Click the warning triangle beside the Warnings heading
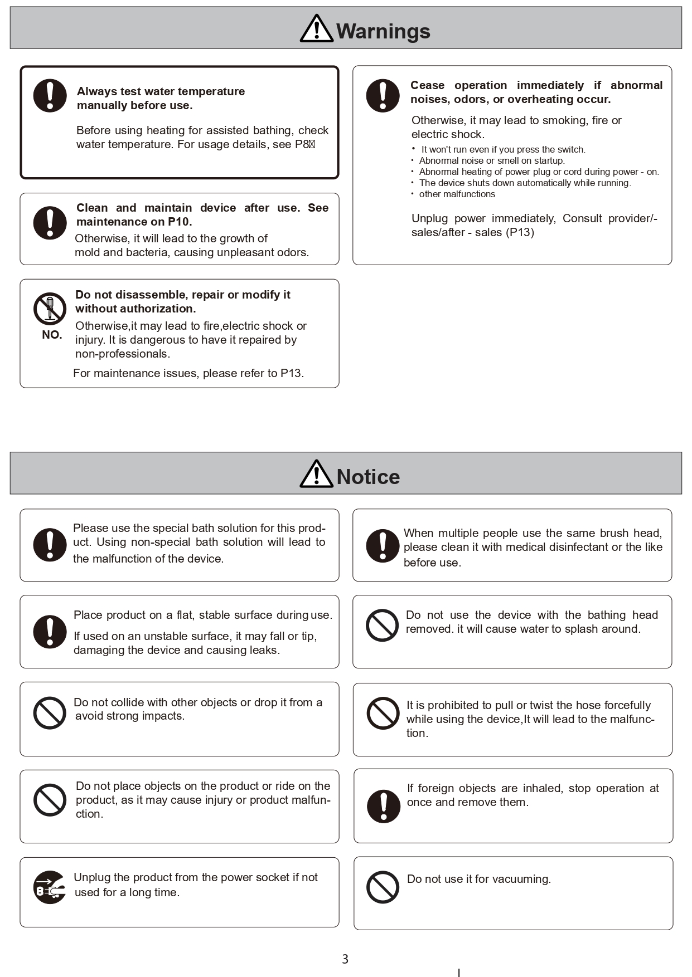[316, 29]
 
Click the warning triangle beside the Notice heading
[316, 475]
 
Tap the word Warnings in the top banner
[383, 31]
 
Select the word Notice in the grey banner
[368, 477]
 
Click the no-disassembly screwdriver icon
[50, 309]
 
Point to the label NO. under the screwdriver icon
[52, 335]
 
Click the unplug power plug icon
[50, 887]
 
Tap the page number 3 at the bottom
[345, 959]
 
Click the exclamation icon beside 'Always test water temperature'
[50, 95]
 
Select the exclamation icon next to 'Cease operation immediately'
[383, 95]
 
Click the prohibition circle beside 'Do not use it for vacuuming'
[383, 887]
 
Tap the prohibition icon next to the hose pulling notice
[383, 713]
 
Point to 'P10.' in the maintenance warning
[180, 222]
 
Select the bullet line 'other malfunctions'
[457, 194]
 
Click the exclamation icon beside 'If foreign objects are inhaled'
[384, 806]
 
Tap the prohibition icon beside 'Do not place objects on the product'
[50, 800]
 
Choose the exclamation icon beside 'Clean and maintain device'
[50, 223]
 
